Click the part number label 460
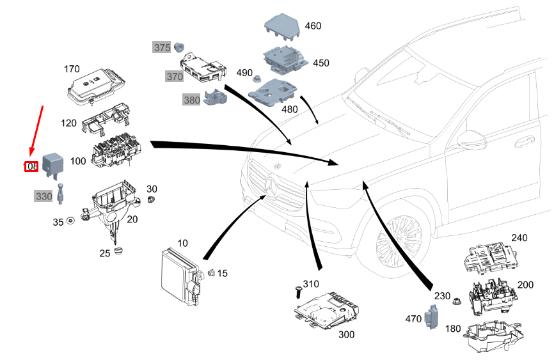click(313, 26)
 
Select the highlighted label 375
click(161, 47)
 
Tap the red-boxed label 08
click(31, 167)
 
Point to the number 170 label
click(72, 68)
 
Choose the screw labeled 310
click(298, 292)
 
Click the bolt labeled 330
click(60, 192)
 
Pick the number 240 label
click(519, 238)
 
